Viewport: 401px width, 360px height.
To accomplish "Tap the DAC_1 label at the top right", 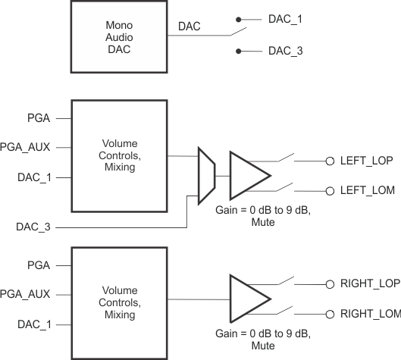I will [285, 18].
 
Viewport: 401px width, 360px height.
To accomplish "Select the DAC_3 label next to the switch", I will [285, 52].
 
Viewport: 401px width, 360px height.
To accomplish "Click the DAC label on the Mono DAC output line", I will [190, 27].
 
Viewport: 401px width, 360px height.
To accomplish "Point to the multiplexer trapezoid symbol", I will [205, 175].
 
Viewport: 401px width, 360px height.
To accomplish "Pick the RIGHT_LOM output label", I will [371, 314].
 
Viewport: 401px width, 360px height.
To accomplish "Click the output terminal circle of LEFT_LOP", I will [330, 161].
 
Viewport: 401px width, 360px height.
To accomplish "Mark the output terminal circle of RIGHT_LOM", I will [330, 314].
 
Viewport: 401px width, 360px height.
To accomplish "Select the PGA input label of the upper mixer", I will [38, 119].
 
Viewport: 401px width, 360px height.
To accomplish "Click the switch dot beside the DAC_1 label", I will [240, 18].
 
